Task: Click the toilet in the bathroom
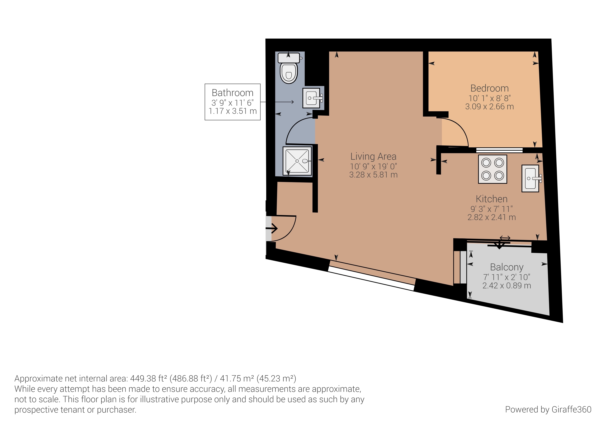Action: pos(289,68)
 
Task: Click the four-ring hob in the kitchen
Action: pos(493,169)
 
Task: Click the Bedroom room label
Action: pos(490,88)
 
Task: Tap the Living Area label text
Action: pos(373,157)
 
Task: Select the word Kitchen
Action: pos(491,199)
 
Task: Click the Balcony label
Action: pos(507,267)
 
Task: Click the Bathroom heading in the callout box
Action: pos(233,93)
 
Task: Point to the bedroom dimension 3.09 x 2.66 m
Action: pos(490,107)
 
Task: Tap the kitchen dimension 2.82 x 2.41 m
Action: pos(491,217)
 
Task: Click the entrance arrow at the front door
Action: pos(272,228)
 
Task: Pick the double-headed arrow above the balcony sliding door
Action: pos(505,238)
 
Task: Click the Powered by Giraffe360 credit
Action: pos(548,409)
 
